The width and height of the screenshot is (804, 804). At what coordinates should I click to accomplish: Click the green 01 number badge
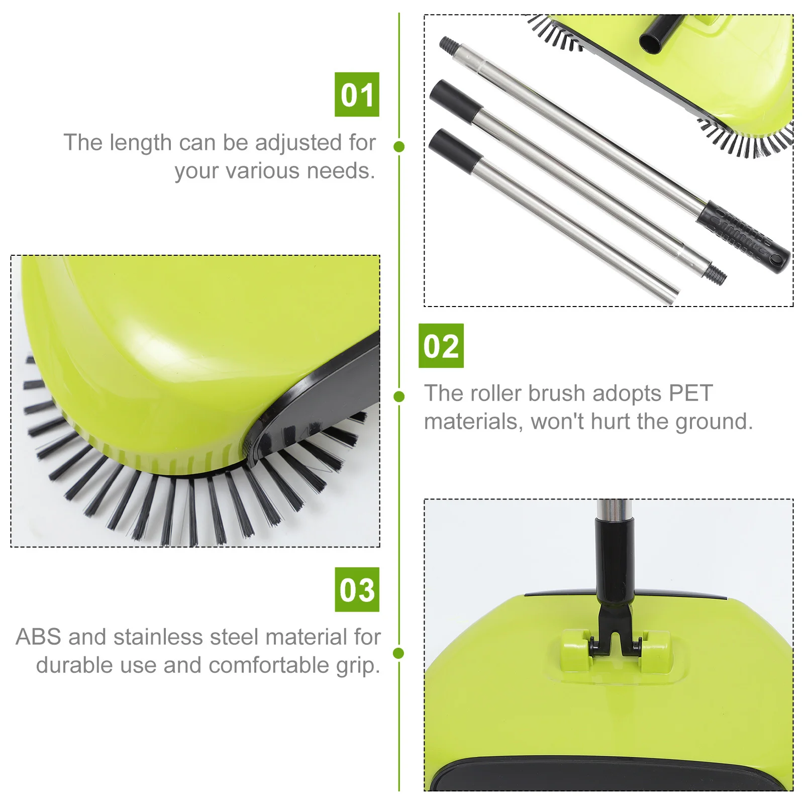[x=357, y=94]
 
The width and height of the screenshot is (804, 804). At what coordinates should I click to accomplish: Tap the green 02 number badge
[x=441, y=346]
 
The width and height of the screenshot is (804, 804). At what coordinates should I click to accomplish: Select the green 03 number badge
[x=357, y=589]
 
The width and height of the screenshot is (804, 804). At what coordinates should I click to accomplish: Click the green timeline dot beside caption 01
[x=399, y=147]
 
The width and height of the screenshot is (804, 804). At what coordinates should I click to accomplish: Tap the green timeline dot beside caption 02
[x=399, y=396]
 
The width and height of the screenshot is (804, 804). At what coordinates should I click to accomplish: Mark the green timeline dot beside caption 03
[x=399, y=653]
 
